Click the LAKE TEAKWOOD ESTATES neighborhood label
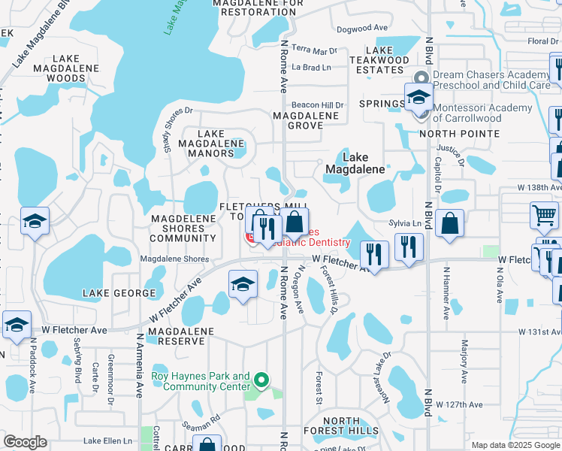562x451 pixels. click(379, 60)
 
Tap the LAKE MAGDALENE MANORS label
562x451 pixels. click(210, 143)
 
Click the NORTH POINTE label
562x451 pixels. click(459, 134)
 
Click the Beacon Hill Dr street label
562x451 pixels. click(317, 105)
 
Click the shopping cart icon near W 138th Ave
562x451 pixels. click(544, 215)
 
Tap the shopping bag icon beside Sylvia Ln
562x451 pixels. click(449, 223)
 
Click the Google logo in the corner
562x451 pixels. click(25, 442)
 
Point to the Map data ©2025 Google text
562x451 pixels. click(515, 445)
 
